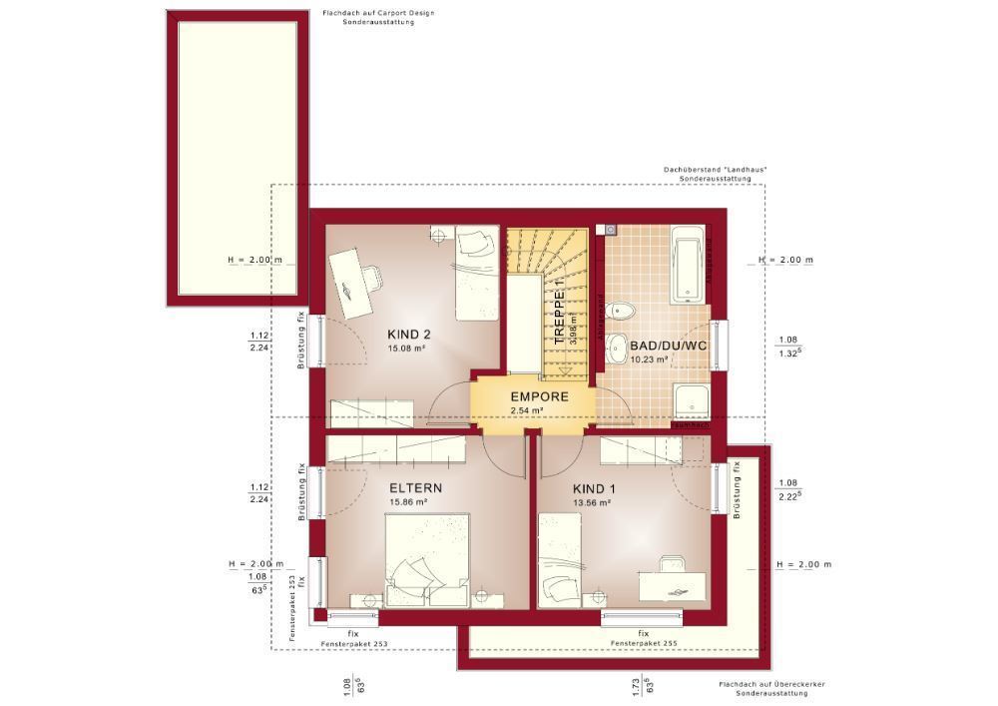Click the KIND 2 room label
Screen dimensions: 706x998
pyautogui.click(x=408, y=334)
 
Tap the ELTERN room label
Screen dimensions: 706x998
pyautogui.click(x=415, y=488)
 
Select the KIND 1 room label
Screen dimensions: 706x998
pyautogui.click(x=595, y=488)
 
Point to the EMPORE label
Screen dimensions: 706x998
pyautogui.click(x=539, y=396)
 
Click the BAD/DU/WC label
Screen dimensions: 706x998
pyautogui.click(x=669, y=346)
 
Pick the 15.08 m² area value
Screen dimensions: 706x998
pyautogui.click(x=407, y=349)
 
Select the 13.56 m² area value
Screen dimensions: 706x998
pyautogui.click(x=592, y=503)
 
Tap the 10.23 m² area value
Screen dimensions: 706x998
pyautogui.click(x=649, y=359)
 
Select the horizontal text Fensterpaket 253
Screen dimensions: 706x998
pyautogui.click(x=354, y=644)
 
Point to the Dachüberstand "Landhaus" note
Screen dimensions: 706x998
pyautogui.click(x=715, y=171)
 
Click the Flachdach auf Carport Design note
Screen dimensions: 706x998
pyautogui.click(x=378, y=13)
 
